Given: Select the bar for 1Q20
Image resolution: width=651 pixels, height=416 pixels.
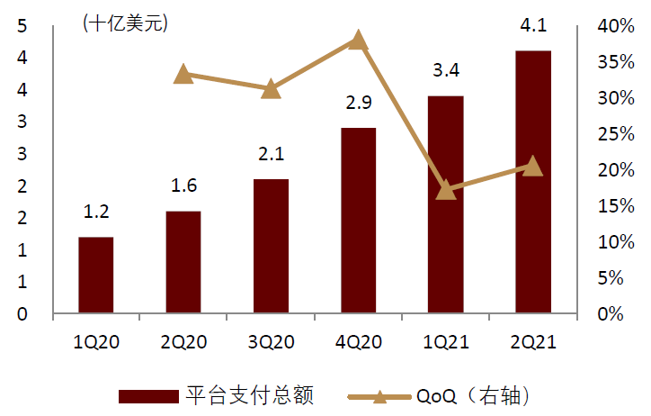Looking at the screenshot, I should pos(95,276).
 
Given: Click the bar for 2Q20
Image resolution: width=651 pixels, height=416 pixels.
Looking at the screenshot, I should pos(183,263).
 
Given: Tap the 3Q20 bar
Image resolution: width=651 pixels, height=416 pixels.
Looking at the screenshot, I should pos(271,247).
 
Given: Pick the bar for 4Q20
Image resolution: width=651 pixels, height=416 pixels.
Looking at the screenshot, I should pos(358,222).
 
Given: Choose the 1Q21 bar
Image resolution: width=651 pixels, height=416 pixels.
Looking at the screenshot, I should pos(446,205).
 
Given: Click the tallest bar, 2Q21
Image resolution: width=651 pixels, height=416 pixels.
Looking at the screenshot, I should pos(533,183).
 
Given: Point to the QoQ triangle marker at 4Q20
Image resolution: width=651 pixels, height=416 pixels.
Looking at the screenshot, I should pos(358,40).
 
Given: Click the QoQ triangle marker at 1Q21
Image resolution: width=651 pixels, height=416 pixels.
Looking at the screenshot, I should pos(446,190).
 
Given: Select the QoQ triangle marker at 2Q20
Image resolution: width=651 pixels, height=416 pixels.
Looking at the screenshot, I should pos(183,74).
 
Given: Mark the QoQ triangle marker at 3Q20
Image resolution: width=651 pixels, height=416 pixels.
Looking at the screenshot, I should pos(271,88).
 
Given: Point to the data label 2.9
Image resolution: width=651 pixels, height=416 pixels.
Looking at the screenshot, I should pos(358,103).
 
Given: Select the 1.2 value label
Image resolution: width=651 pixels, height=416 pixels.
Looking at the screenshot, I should pos(95,213).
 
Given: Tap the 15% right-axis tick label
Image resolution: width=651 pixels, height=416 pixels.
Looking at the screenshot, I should pos(616,206).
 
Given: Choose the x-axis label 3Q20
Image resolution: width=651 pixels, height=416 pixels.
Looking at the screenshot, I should pos(271,343).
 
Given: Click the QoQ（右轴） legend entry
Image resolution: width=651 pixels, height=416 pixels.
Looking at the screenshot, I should pos(471,396).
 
